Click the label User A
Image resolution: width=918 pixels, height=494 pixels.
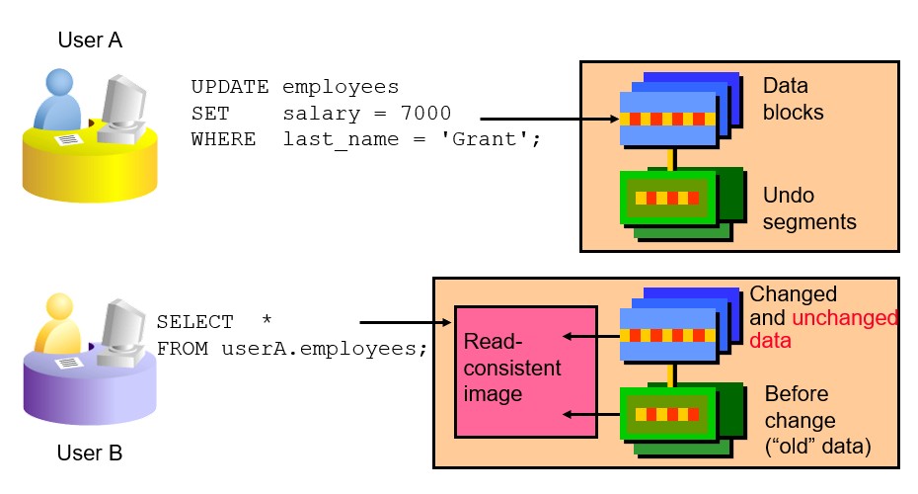(90, 40)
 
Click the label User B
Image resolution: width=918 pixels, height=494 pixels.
(90, 453)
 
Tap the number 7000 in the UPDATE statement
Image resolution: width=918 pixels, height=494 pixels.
(425, 113)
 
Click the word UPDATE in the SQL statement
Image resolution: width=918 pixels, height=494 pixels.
(229, 87)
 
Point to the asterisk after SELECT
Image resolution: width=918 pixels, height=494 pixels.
(267, 319)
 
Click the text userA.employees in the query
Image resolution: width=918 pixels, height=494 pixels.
(319, 348)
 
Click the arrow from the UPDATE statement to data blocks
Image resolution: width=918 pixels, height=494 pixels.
(549, 119)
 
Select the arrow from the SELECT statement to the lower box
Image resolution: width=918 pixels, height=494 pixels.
(405, 322)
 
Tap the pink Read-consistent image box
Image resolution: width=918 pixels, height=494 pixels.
(526, 371)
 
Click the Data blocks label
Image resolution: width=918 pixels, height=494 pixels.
(793, 99)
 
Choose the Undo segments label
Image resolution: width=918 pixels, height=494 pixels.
(809, 208)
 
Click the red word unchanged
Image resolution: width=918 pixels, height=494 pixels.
(845, 317)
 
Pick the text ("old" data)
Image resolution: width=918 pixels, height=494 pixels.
(818, 447)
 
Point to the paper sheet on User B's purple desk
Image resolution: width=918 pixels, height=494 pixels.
(68, 363)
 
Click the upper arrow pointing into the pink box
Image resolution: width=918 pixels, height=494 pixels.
(591, 336)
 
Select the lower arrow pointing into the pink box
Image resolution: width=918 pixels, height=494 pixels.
(591, 414)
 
